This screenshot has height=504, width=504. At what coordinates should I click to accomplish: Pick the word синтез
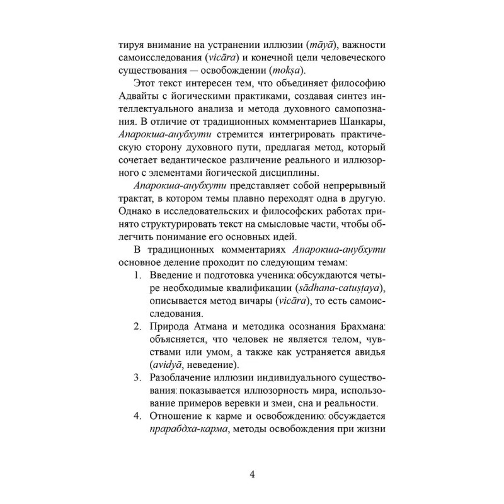tap(364, 98)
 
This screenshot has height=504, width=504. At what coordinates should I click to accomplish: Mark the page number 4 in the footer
tap(252, 474)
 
